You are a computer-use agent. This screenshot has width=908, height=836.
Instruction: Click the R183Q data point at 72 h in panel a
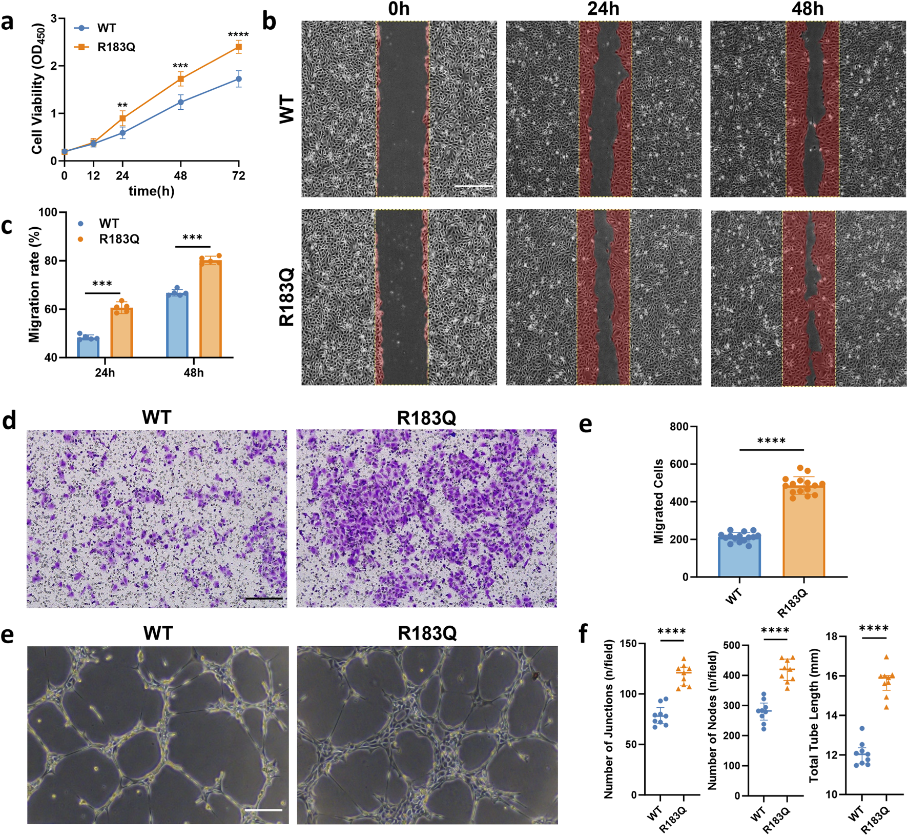[238, 47]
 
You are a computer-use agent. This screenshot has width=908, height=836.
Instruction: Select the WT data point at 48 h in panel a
[180, 102]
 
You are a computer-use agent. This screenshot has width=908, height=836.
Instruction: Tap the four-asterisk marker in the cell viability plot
[238, 35]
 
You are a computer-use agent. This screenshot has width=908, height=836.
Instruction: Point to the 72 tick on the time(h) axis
[238, 176]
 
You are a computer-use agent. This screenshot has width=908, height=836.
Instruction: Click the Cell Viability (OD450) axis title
[37, 90]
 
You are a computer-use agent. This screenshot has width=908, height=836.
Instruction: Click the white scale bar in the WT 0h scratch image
[474, 186]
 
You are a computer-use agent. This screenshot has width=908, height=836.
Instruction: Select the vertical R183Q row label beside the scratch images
[287, 296]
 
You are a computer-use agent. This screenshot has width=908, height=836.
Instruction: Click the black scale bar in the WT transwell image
[264, 598]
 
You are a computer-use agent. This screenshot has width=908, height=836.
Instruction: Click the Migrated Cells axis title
[658, 501]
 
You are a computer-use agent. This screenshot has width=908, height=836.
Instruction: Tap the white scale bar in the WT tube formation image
[263, 810]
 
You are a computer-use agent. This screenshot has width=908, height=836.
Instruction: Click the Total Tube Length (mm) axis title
[814, 716]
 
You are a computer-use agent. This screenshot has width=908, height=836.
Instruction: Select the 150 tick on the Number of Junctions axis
[626, 644]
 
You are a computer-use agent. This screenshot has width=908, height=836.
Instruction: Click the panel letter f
[583, 634]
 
